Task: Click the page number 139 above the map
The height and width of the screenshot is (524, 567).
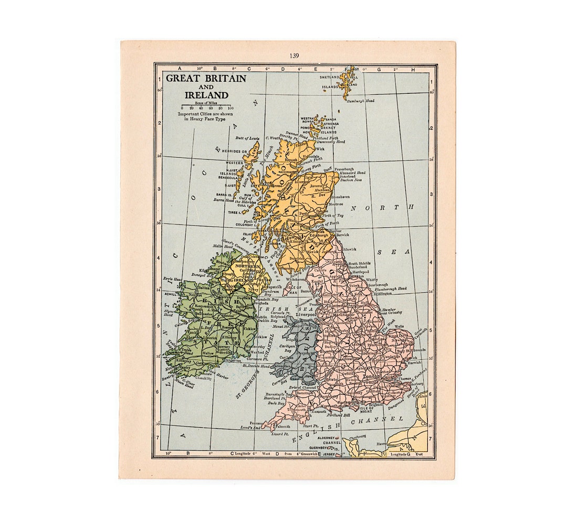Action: click(x=294, y=56)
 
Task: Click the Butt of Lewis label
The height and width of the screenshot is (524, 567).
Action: click(x=247, y=138)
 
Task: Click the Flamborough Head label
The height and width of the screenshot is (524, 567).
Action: click(x=391, y=288)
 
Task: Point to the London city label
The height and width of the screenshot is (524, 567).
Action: click(x=371, y=376)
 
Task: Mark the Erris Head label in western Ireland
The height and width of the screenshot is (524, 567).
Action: click(x=172, y=279)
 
